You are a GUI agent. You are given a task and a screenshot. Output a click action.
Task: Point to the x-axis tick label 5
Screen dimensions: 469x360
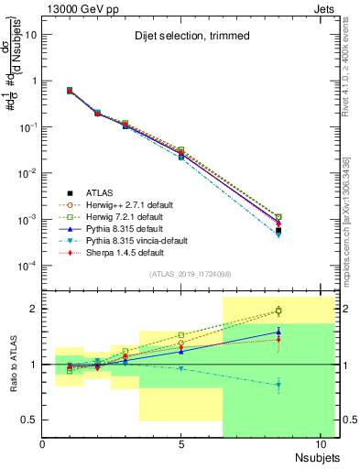pyautogui.click(x=181, y=446)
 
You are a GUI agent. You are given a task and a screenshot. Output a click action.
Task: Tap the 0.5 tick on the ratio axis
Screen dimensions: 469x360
pyautogui.click(x=32, y=420)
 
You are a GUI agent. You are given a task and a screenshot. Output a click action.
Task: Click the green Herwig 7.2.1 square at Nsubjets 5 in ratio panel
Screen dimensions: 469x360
pyautogui.click(x=181, y=335)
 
